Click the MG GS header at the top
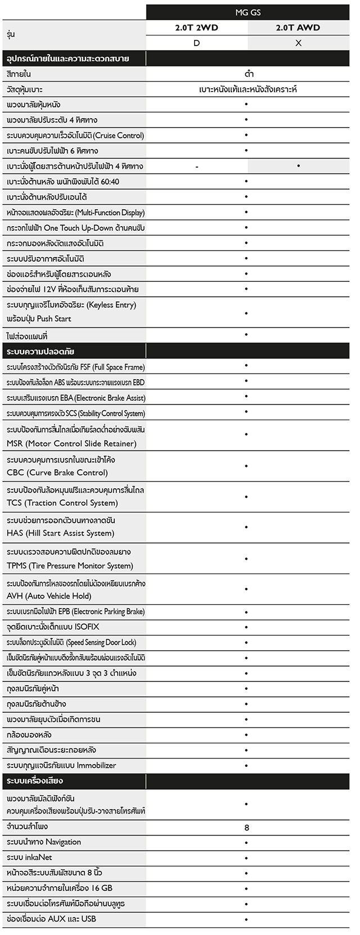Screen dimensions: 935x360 [x=247, y=12]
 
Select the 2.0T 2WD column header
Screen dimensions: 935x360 [x=196, y=27]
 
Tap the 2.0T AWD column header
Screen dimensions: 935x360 [x=298, y=27]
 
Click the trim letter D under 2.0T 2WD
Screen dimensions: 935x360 [x=196, y=43]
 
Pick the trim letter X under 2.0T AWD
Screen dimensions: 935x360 [x=298, y=43]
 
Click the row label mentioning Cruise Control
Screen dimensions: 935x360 [x=75, y=136]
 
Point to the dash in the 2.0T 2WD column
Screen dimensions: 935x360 [x=197, y=167]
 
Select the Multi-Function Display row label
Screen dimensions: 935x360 [x=75, y=213]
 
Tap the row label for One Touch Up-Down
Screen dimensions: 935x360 [x=75, y=228]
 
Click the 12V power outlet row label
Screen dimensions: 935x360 [x=73, y=289]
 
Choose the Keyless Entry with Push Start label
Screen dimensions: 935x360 [x=71, y=312]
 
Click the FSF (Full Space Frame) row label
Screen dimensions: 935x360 [x=75, y=367]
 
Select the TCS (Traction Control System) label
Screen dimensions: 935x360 [x=75, y=496]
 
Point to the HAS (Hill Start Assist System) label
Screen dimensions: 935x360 [x=61, y=527]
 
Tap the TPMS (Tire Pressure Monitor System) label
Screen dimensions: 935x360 [x=70, y=559]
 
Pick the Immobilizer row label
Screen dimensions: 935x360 [x=61, y=765]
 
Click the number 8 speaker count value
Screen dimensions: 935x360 [x=247, y=828]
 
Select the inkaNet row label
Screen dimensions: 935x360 [x=29, y=857]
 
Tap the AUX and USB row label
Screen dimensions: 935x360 [x=51, y=919]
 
